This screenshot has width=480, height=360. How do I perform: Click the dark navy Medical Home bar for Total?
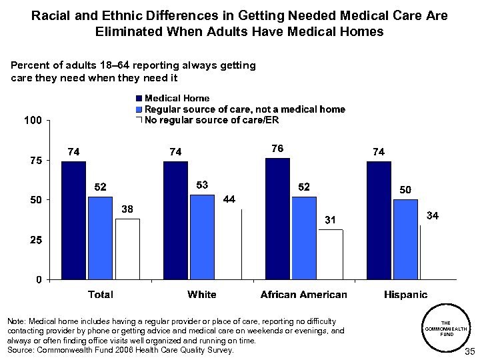[x=73, y=220]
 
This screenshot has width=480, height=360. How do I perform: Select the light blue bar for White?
[x=202, y=237]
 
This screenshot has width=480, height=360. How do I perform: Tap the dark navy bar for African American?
[x=277, y=218]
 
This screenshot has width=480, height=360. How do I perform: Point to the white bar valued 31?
[x=331, y=254]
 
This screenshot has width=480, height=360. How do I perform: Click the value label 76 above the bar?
[x=277, y=147]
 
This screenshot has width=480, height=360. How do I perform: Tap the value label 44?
[x=229, y=199]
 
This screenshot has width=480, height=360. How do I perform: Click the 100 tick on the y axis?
[x=33, y=121]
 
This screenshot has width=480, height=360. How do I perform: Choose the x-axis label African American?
[x=304, y=294]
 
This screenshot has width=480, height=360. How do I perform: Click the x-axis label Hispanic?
[x=406, y=294]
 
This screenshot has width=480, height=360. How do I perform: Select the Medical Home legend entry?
[x=177, y=99]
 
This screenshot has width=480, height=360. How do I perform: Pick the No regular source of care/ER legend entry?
[x=211, y=120]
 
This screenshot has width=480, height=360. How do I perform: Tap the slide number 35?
[x=468, y=351]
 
